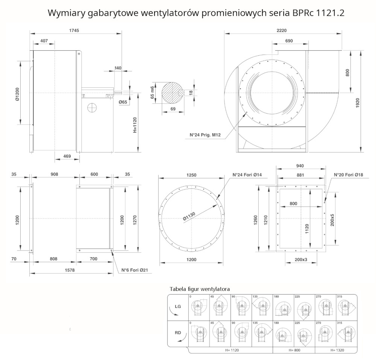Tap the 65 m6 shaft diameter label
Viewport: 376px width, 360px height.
click(x=152, y=93)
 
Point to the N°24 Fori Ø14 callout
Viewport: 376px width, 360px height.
click(x=248, y=175)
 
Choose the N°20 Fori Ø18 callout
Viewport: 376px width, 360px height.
click(x=349, y=175)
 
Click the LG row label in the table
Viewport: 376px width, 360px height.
click(x=178, y=307)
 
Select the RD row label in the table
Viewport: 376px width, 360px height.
click(x=178, y=333)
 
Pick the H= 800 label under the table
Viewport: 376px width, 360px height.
click(x=294, y=350)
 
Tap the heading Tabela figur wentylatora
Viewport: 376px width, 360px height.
click(x=200, y=289)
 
